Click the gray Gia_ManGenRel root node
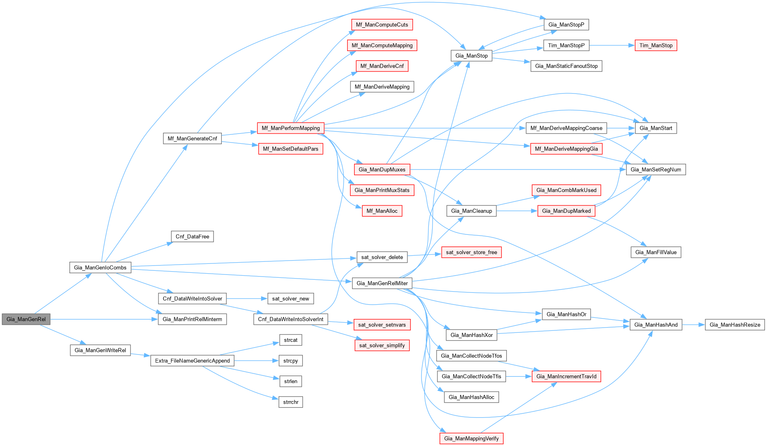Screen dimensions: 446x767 coord(26,319)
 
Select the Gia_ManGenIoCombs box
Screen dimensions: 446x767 coord(100,268)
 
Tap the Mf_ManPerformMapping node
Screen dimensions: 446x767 coord(290,128)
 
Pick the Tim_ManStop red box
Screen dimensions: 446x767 coord(656,45)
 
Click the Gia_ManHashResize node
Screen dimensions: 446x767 coord(734,325)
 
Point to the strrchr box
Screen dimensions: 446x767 coord(290,402)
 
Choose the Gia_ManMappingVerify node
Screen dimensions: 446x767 coord(471,438)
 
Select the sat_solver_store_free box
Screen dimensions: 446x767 coord(471,252)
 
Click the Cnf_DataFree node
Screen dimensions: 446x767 coord(192,236)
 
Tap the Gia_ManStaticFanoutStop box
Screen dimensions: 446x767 coord(566,66)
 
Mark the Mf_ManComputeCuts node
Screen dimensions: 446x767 coord(382,25)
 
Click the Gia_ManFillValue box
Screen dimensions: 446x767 coord(656,252)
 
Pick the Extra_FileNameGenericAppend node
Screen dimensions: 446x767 coord(192,361)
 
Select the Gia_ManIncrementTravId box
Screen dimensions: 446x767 coord(566,376)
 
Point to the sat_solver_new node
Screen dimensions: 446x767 coord(290,299)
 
